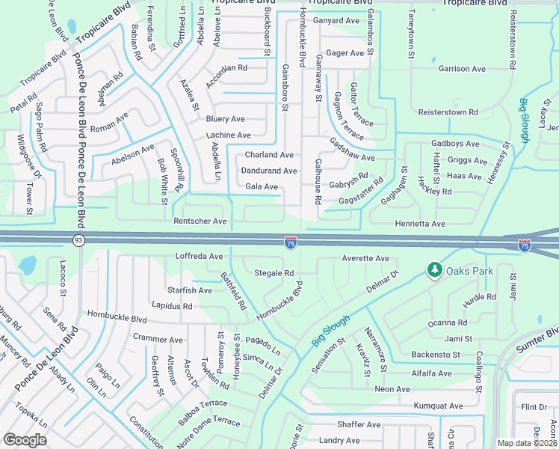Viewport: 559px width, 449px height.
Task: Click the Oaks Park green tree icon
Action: pos(433,269)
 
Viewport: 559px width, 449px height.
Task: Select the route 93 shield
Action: pos(78,240)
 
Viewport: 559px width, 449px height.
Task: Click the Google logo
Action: pos(25,440)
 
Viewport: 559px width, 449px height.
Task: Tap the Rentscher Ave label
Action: pos(200,222)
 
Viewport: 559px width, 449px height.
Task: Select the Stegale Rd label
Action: pos(274,273)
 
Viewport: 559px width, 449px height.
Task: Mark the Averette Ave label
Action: pos(365,259)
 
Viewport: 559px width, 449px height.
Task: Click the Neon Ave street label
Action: pos(392,389)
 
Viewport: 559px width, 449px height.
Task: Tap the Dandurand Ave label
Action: pos(269,171)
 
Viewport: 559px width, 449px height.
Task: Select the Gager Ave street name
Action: pos(345,53)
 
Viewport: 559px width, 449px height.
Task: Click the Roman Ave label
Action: pos(109,122)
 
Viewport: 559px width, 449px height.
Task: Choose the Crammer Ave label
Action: pos(158,338)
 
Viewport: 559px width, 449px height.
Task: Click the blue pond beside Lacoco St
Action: pos(28,265)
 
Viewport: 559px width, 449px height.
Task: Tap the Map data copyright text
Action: pos(527,443)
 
